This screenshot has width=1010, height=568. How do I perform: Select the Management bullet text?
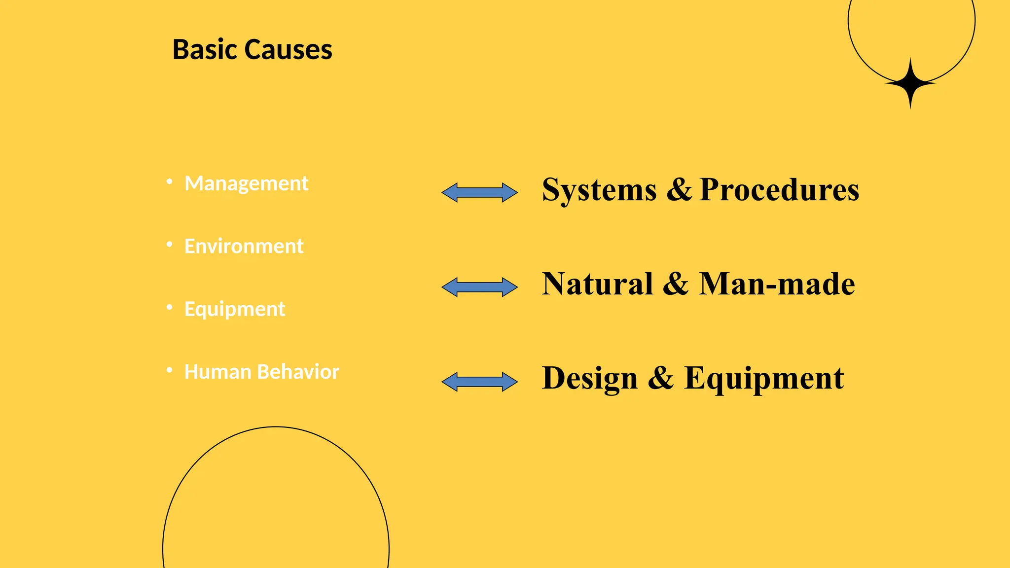(246, 183)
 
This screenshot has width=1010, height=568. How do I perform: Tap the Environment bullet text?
(244, 246)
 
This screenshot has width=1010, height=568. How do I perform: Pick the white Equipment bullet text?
(235, 309)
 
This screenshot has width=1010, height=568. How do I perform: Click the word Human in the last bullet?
(217, 372)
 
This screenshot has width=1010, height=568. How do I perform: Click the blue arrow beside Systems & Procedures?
(479, 192)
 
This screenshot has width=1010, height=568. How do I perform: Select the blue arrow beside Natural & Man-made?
(479, 287)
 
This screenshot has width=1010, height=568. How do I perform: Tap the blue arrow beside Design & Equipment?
(479, 382)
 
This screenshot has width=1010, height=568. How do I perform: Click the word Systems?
(599, 190)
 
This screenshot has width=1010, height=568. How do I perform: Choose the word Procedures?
(779, 190)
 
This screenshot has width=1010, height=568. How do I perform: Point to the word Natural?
(597, 284)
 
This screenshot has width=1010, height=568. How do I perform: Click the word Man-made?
(777, 284)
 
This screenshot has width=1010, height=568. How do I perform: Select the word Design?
(590, 379)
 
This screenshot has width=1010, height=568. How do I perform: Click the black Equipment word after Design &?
(764, 379)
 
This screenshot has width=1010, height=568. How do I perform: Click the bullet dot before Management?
(170, 181)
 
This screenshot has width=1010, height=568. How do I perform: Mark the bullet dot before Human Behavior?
(170, 370)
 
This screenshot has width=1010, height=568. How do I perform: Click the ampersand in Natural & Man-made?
(676, 284)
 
